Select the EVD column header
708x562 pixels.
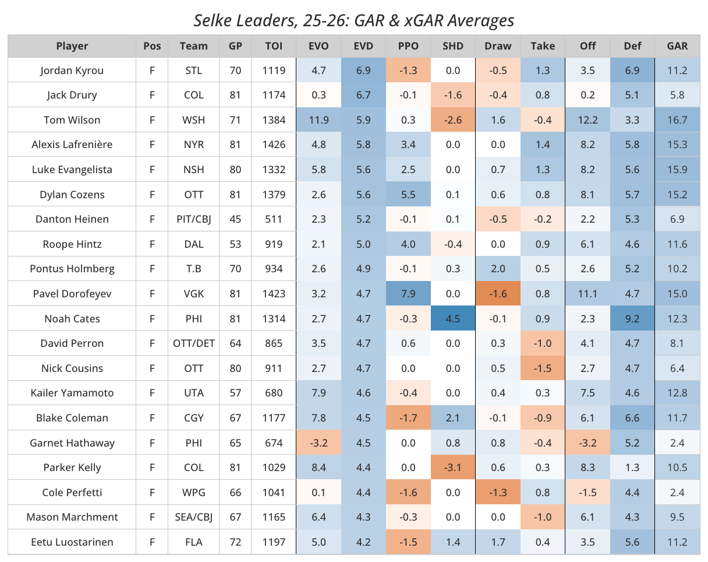tap(363, 46)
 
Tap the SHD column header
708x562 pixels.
tap(453, 46)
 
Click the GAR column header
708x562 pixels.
tap(678, 46)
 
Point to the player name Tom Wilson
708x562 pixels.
tap(72, 120)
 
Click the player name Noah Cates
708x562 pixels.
tap(72, 319)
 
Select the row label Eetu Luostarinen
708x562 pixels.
tap(72, 542)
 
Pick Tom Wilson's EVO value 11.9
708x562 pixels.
tap(318, 120)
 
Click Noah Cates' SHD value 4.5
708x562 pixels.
tap(453, 319)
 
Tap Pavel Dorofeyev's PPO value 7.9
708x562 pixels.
tap(408, 294)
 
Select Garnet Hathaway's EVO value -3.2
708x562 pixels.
tap(318, 443)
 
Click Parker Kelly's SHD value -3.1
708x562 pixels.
tap(453, 468)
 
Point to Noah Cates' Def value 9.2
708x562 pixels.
tap(633, 319)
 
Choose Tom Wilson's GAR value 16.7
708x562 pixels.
tap(678, 120)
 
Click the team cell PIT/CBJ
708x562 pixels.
tap(194, 219)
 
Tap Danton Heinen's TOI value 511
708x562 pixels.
tap(274, 219)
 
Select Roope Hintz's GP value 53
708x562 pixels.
tap(235, 244)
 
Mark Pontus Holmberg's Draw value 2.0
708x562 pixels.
tap(498, 269)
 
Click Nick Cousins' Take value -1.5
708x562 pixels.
tap(543, 368)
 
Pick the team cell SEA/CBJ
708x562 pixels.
tap(194, 517)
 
